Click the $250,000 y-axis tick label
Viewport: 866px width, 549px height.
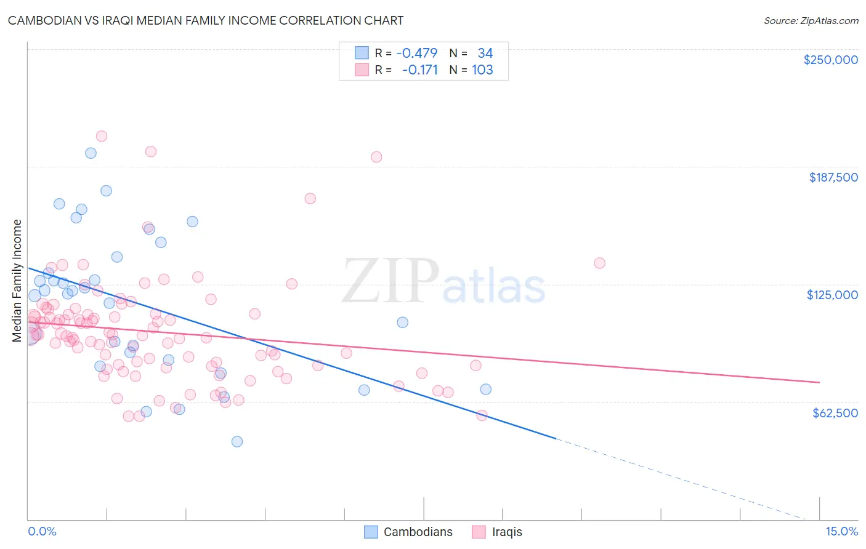pyautogui.click(x=830, y=60)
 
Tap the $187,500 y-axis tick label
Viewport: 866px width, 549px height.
pyautogui.click(x=833, y=177)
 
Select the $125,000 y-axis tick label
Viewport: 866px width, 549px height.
pyautogui.click(x=832, y=295)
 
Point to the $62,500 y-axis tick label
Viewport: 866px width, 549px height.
pyautogui.click(x=835, y=413)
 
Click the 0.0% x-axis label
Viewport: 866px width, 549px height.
pyautogui.click(x=42, y=531)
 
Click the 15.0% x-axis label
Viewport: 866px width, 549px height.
pyautogui.click(x=841, y=531)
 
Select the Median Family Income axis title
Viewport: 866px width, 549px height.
pyautogui.click(x=17, y=281)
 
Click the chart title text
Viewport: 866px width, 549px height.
pyautogui.click(x=206, y=20)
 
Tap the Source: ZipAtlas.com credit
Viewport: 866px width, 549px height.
pyautogui.click(x=811, y=21)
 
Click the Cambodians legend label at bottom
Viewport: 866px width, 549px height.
pyautogui.click(x=418, y=532)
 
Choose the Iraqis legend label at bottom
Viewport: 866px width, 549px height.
pyautogui.click(x=507, y=532)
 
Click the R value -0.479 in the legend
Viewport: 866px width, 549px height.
pyautogui.click(x=416, y=53)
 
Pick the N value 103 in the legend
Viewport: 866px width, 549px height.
pyautogui.click(x=482, y=70)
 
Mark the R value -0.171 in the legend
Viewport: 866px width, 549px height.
pyautogui.click(x=419, y=70)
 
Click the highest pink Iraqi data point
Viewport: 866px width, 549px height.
pyautogui.click(x=102, y=136)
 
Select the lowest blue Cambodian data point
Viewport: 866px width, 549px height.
pyautogui.click(x=237, y=441)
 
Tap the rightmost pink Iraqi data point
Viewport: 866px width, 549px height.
pyautogui.click(x=599, y=263)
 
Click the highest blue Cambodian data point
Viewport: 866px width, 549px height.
pyautogui.click(x=91, y=153)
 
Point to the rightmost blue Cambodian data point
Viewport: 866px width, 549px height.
pyautogui.click(x=485, y=389)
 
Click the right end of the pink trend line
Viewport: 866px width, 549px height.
pyautogui.click(x=819, y=382)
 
